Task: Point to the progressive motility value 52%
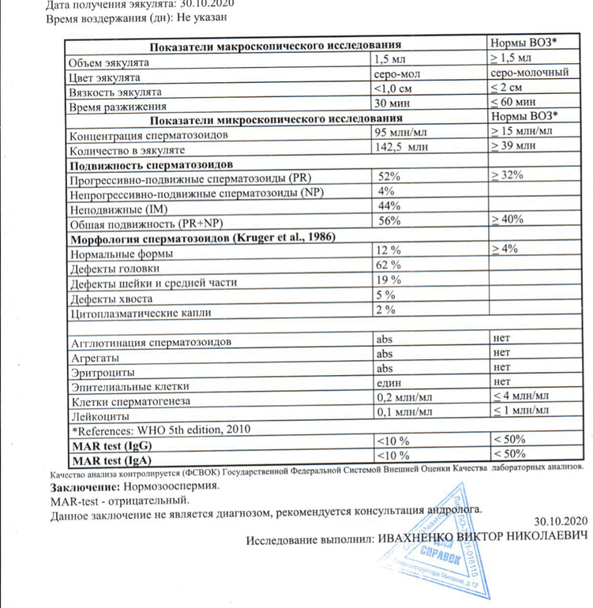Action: (389, 177)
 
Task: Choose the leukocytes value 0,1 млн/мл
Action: (405, 411)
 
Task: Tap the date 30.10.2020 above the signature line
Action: (561, 521)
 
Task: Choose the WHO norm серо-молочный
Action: (529, 73)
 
